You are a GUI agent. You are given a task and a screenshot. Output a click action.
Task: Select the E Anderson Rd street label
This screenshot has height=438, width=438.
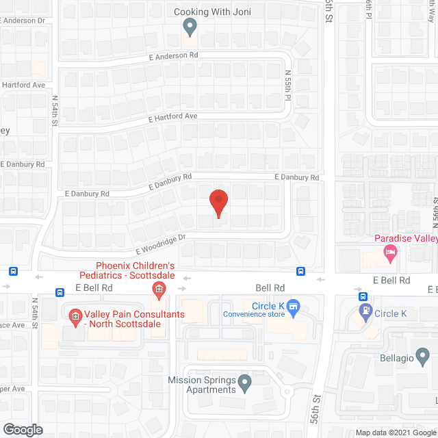173,55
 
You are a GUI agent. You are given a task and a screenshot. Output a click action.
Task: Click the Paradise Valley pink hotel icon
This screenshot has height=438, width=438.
390,255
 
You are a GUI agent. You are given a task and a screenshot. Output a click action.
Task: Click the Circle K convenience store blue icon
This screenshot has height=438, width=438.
294,307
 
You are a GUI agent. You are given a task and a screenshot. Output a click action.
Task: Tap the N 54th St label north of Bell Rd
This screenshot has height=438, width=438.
55,108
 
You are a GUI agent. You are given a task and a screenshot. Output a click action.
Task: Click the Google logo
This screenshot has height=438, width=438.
22,430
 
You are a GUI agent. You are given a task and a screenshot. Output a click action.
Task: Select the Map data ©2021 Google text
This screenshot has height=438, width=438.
395,433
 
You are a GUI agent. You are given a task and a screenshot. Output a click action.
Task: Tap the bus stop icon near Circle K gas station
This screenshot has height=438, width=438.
363,297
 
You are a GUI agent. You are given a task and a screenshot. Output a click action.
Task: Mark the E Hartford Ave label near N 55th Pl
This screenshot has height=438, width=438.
173,117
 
